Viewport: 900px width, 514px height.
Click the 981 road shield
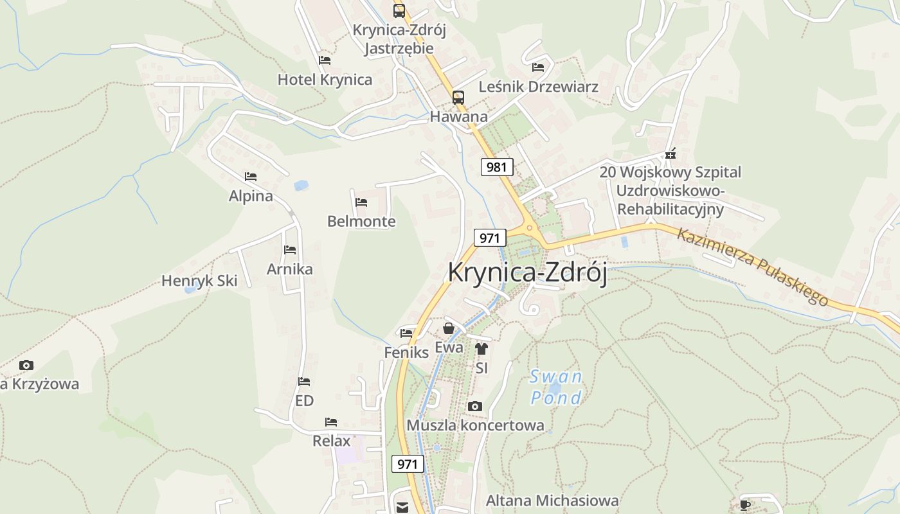click(x=497, y=167)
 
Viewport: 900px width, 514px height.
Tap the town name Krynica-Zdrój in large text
click(x=527, y=272)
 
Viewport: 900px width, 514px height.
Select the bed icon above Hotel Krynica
click(x=325, y=60)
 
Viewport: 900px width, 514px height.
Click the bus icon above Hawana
click(x=458, y=97)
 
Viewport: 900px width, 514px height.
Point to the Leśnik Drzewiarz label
click(x=539, y=87)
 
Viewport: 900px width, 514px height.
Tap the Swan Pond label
click(x=556, y=387)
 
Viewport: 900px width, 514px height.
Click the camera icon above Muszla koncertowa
click(x=475, y=406)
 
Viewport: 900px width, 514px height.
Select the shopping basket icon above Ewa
click(x=449, y=328)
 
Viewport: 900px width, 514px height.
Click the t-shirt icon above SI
click(x=482, y=349)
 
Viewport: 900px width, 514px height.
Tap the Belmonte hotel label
click(x=361, y=222)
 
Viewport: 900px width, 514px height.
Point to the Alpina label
click(x=251, y=196)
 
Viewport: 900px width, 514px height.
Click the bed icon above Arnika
click(x=290, y=250)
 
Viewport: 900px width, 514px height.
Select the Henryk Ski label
click(x=199, y=281)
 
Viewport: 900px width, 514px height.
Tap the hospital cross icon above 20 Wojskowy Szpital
click(x=670, y=154)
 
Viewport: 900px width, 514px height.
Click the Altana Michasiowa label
click(x=552, y=501)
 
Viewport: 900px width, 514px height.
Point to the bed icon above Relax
click(x=331, y=422)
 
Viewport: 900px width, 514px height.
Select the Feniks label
click(x=406, y=353)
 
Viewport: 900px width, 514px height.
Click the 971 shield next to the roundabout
click(x=489, y=238)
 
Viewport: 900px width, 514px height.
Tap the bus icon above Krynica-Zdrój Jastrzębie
click(x=399, y=10)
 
